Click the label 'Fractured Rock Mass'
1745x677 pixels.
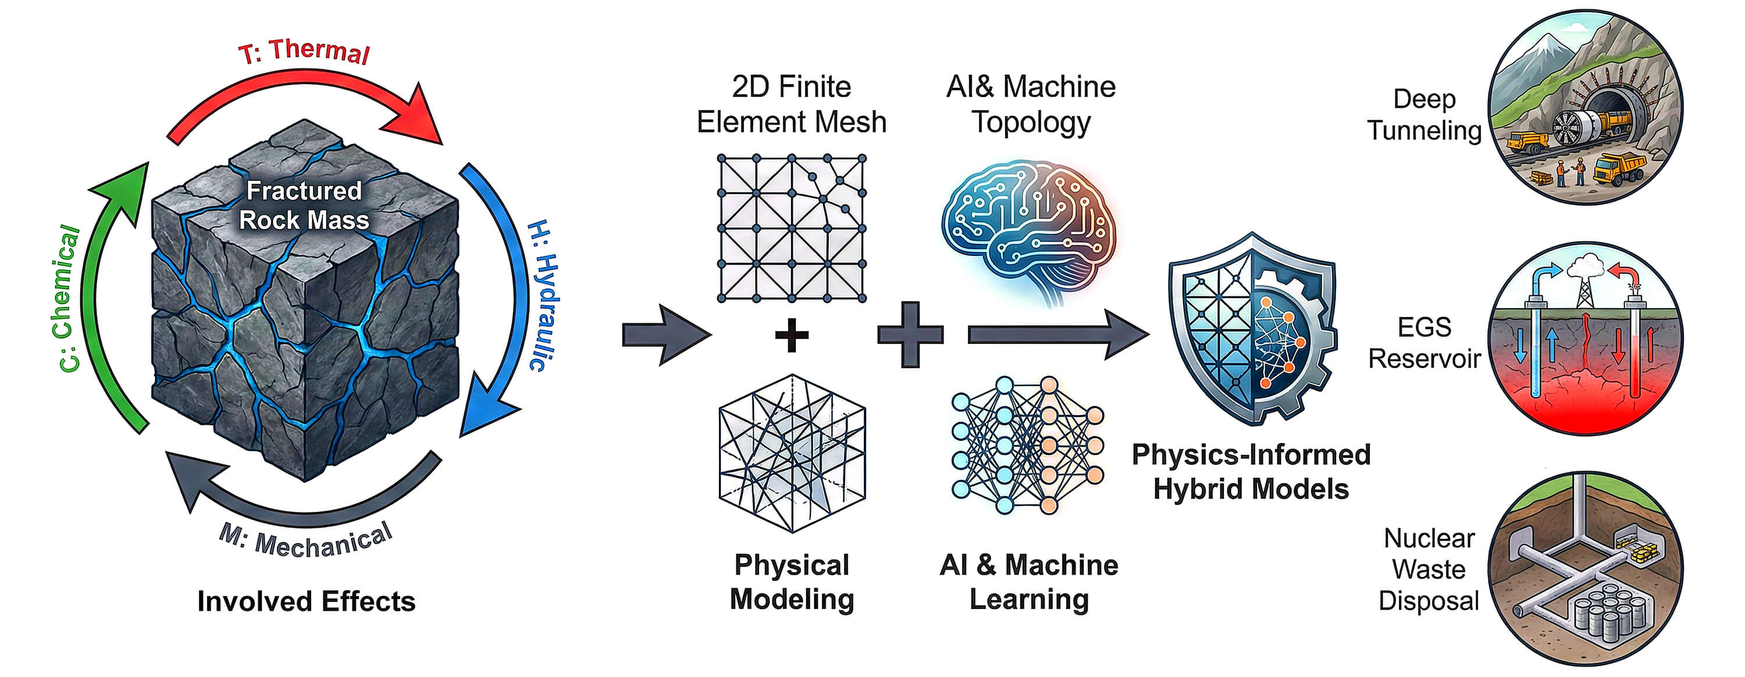(304, 205)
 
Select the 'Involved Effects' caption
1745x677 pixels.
(306, 601)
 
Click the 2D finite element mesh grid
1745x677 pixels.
(791, 229)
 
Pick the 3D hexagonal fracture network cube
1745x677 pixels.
(792, 452)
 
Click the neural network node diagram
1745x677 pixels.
(1027, 446)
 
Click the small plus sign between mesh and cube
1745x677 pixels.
(791, 335)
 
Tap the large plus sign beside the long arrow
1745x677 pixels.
(910, 334)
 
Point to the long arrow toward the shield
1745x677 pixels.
(1057, 334)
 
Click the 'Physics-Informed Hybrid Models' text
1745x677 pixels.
(1251, 472)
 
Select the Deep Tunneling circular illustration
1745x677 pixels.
(1585, 107)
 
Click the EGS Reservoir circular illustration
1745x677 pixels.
(1585, 339)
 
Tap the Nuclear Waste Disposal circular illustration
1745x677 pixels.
(1585, 569)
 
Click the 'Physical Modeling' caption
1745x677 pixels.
(792, 582)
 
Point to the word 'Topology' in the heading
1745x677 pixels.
(1031, 123)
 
